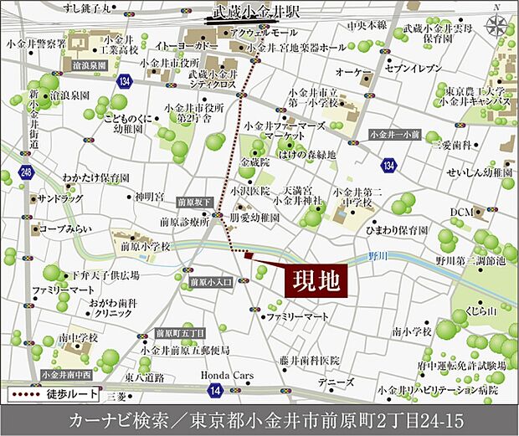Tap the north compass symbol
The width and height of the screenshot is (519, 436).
coord(497,25)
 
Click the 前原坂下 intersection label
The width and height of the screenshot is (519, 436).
coord(192,202)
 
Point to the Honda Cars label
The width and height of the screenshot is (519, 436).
coord(224,377)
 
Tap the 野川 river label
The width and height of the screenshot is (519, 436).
coord(382,255)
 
